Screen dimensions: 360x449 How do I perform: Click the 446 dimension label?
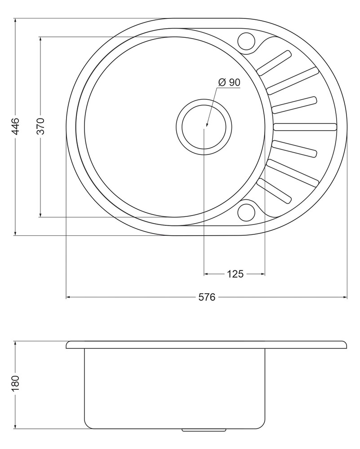coord(16,126)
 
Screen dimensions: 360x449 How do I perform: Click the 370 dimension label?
coord(41,126)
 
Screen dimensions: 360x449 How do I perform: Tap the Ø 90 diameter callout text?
coord(229,83)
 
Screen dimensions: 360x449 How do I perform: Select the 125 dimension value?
coord(236,274)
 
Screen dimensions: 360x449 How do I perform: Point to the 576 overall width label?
coord(207,297)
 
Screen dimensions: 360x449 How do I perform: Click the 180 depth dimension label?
coord(16,384)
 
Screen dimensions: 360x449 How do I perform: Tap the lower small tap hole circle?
coord(246,212)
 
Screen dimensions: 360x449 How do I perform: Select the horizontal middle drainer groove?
coord(305,127)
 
